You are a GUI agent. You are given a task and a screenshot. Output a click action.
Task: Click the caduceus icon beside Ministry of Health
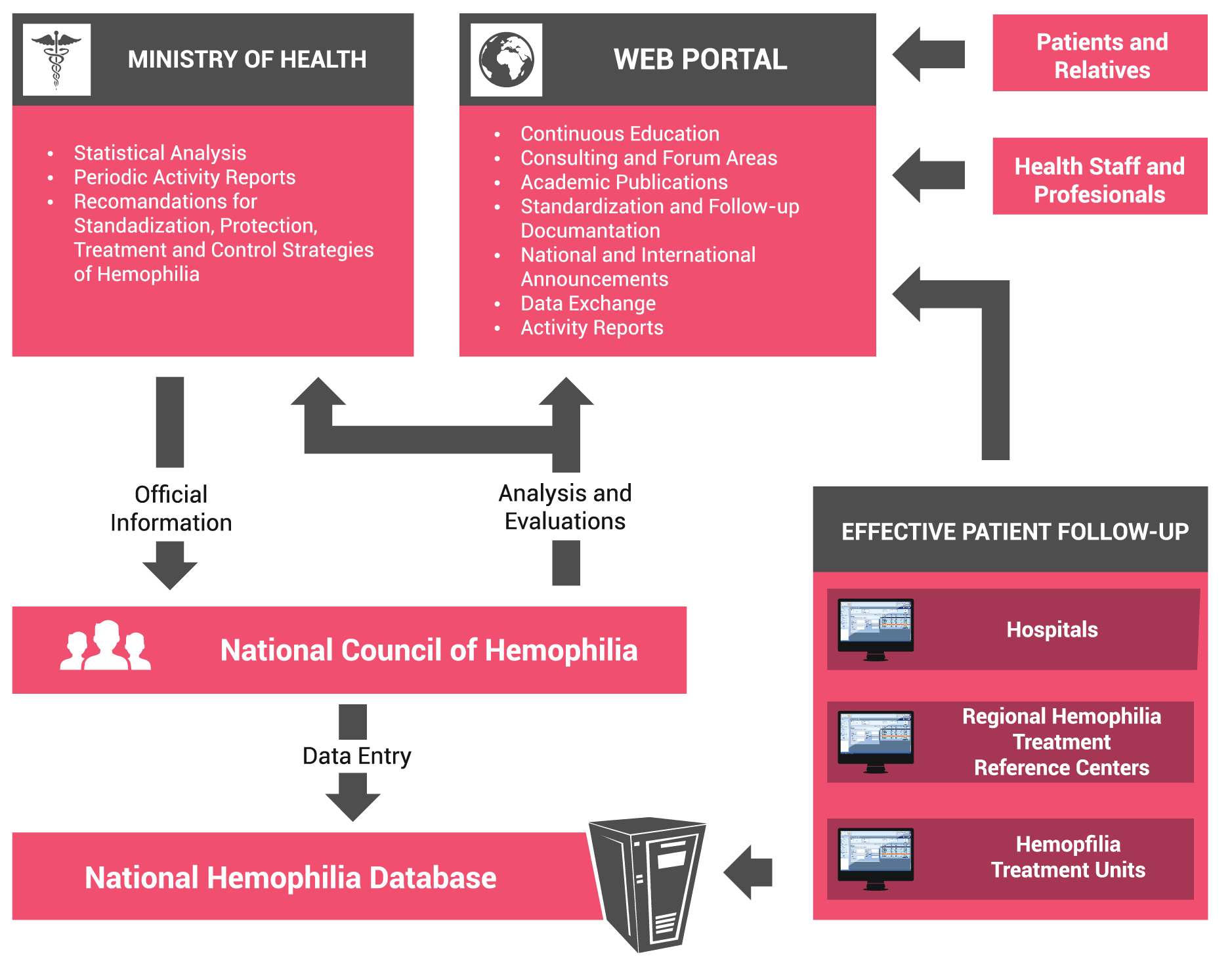56,60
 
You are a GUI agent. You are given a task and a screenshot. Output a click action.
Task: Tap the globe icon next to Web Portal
506,60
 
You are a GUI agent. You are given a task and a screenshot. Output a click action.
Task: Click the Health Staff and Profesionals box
1099,176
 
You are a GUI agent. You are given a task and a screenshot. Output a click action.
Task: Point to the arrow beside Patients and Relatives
928,54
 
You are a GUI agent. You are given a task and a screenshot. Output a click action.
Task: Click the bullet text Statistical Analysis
160,153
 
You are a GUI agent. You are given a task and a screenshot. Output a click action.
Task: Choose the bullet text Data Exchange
588,303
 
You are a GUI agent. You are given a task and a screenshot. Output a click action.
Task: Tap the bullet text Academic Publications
624,182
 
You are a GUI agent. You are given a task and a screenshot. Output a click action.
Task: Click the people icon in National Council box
106,646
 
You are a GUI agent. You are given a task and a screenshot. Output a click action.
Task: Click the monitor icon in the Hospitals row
876,629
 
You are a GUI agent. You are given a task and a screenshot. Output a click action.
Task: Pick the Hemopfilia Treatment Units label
1068,857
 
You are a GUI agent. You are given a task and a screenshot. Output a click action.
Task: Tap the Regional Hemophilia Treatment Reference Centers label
1061,742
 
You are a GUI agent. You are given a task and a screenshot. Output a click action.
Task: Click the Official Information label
171,508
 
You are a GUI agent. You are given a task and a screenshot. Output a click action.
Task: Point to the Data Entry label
357,756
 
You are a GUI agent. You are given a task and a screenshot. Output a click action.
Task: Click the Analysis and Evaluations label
565,507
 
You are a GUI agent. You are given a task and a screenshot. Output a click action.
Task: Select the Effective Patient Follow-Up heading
1015,532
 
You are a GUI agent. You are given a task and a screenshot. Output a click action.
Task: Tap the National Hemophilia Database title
291,878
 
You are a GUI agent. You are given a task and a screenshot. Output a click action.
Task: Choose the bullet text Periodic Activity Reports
184,177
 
